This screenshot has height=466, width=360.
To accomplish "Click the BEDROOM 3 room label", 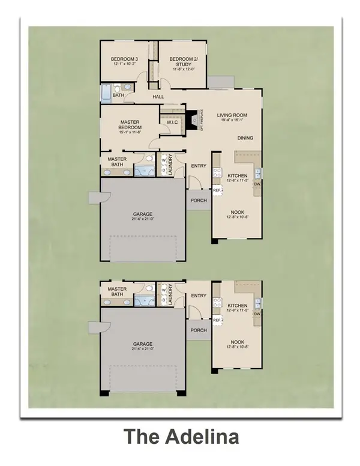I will click(x=125, y=58).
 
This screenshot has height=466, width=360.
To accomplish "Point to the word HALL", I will click(x=158, y=96).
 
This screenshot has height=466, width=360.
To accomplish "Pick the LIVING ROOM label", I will click(x=232, y=115).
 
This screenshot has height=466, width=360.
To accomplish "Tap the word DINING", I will click(x=245, y=138).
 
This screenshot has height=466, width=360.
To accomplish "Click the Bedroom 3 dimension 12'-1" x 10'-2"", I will click(x=125, y=64).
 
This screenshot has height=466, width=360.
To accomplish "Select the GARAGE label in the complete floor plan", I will click(x=142, y=214).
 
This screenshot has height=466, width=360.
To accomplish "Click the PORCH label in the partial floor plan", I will click(x=199, y=330).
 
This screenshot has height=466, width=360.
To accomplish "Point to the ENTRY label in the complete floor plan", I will click(x=199, y=166).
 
